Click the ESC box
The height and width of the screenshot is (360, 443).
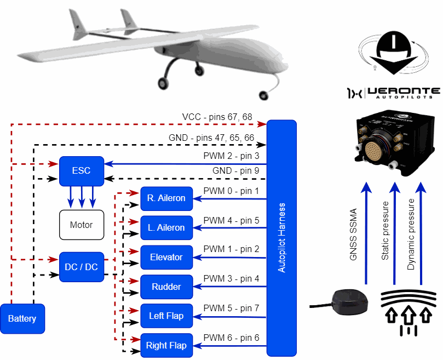[x=82, y=170]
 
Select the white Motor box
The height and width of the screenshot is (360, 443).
[x=82, y=225]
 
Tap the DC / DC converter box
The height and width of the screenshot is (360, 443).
[x=82, y=267]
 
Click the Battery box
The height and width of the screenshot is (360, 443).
[x=22, y=319]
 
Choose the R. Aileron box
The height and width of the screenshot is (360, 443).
[x=166, y=198]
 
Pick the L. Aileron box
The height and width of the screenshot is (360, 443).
[x=166, y=227]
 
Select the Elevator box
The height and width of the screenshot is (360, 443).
[x=166, y=257]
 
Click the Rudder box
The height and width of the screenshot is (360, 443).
[x=166, y=287]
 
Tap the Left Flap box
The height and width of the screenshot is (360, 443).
[x=166, y=316]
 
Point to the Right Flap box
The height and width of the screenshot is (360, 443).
[x=166, y=346]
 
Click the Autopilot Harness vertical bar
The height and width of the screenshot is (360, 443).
[x=281, y=238]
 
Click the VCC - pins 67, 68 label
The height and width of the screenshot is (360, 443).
[x=218, y=118]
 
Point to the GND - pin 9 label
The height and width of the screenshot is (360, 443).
[x=235, y=171]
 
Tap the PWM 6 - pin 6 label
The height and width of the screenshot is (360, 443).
[x=231, y=338]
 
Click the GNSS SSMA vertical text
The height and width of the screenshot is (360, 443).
[x=353, y=235]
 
